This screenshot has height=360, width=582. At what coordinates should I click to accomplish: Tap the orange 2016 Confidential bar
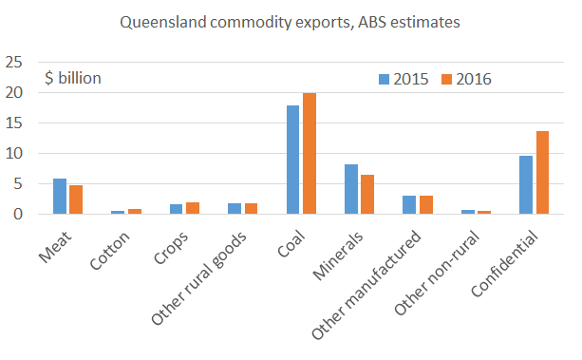(542, 173)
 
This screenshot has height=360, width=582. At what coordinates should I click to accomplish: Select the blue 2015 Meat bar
(60, 197)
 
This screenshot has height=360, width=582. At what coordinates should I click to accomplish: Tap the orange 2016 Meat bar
(76, 199)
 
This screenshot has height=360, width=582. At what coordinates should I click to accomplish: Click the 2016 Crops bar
(193, 208)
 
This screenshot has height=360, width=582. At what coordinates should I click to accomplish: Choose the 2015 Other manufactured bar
(409, 204)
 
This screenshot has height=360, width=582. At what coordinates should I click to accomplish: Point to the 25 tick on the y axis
(15, 63)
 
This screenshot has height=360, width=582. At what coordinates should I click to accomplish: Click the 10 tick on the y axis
(15, 154)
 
